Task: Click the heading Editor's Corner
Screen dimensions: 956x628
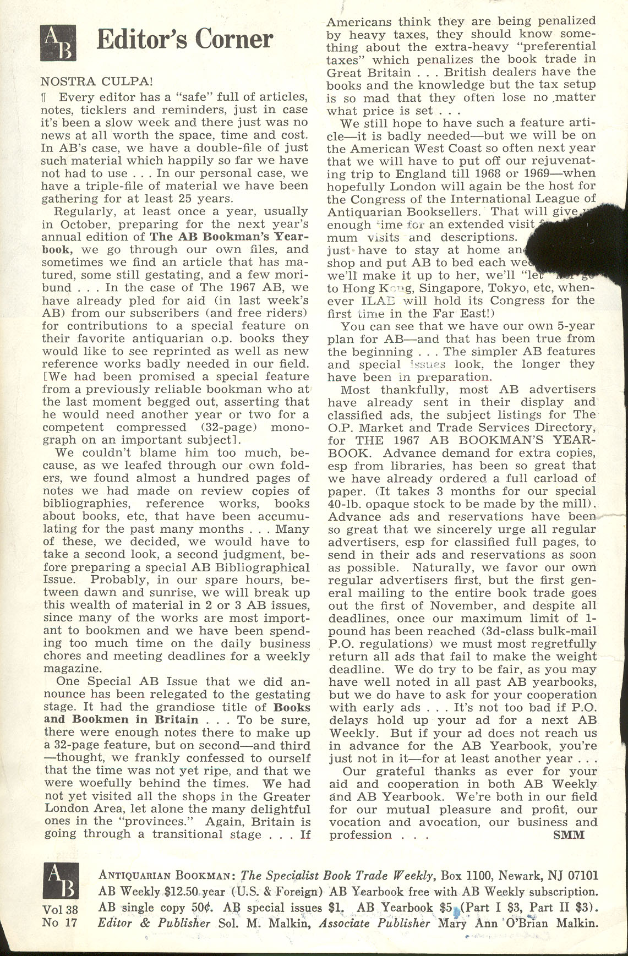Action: click(184, 40)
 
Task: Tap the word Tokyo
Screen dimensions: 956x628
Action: click(511, 288)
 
